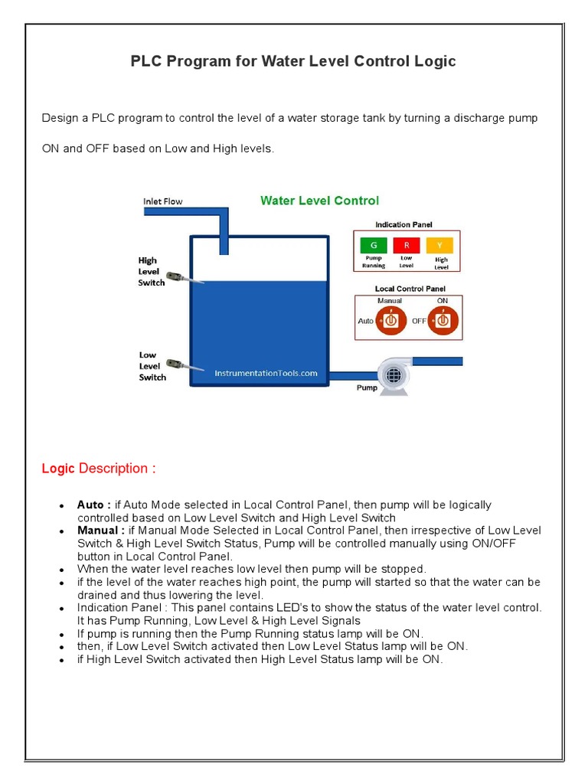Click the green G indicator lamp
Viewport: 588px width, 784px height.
coord(374,245)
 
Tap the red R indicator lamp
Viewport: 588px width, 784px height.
coord(407,245)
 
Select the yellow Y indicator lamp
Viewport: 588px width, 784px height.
coord(440,245)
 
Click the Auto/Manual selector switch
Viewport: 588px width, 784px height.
coord(390,321)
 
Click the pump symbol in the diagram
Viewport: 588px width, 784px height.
coord(393,374)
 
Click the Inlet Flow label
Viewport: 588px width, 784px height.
coord(163,201)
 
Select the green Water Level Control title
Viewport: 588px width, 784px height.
coord(319,201)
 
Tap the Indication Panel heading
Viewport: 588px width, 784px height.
coord(403,224)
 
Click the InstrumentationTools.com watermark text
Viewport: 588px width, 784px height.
coord(266,373)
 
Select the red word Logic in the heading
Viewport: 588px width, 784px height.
coord(58,469)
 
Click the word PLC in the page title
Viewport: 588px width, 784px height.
coord(146,61)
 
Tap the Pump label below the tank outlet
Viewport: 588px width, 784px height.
coord(367,388)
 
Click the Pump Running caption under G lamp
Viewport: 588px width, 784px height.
coord(374,262)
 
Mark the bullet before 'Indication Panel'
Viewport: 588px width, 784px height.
coord(61,608)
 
